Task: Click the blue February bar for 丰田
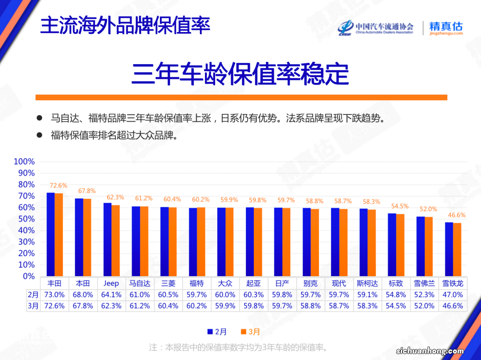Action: (50, 234)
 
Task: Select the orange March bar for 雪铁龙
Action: (457, 250)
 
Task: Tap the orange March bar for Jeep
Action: (115, 241)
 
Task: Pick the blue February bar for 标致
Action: (392, 245)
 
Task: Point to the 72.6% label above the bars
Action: (58, 185)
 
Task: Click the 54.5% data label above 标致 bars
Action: (399, 206)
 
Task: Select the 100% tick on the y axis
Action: (24, 161)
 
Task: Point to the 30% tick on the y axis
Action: (26, 241)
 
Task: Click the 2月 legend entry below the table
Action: (217, 331)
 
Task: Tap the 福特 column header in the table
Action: (196, 283)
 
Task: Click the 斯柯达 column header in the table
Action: (367, 283)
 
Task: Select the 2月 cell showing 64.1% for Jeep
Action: (111, 295)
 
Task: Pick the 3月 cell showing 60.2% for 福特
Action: (196, 306)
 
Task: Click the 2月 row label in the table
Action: (33, 295)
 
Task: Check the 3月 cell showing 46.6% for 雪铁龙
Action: (452, 306)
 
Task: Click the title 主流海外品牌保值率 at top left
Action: (125, 26)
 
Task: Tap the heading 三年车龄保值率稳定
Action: (240, 74)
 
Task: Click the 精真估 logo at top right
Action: (446, 27)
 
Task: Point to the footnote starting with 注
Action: (239, 347)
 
